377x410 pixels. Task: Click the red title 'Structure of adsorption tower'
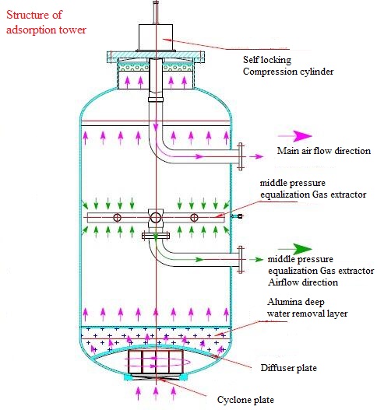46,23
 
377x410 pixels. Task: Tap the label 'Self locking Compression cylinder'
288,65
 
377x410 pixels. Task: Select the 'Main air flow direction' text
324,151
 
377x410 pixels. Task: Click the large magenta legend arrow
295,136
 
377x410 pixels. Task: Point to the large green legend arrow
295,249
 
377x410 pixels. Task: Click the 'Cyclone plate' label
245,400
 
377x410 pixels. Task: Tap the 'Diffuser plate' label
289,368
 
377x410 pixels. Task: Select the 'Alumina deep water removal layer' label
308,308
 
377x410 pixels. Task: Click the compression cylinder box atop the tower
156,37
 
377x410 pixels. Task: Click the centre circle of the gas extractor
156,218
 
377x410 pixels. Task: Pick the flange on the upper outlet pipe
241,156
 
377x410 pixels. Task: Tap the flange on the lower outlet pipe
241,259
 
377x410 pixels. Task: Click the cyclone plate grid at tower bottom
156,362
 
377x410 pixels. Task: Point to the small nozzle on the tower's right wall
238,216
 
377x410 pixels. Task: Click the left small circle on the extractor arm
117,218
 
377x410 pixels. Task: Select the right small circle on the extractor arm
194,218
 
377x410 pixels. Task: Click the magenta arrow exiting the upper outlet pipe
256,156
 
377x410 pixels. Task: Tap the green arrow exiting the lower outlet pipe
256,259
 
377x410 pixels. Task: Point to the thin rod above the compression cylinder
156,12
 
